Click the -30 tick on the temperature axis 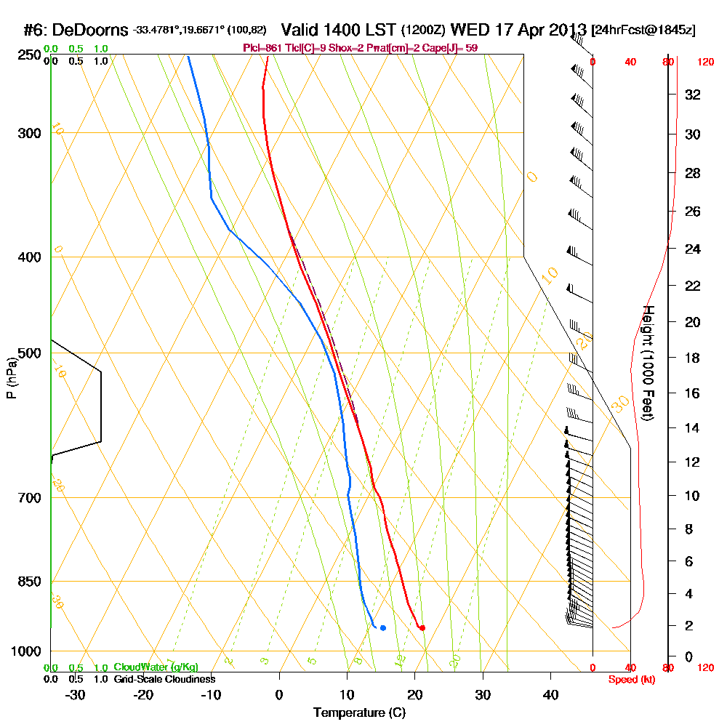[76, 695]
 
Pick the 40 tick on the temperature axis [551, 695]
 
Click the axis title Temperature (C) [359, 713]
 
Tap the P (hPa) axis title [11, 378]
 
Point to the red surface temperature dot [422, 627]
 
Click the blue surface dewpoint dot [382, 627]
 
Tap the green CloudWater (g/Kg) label [156, 667]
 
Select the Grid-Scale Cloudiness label [164, 679]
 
